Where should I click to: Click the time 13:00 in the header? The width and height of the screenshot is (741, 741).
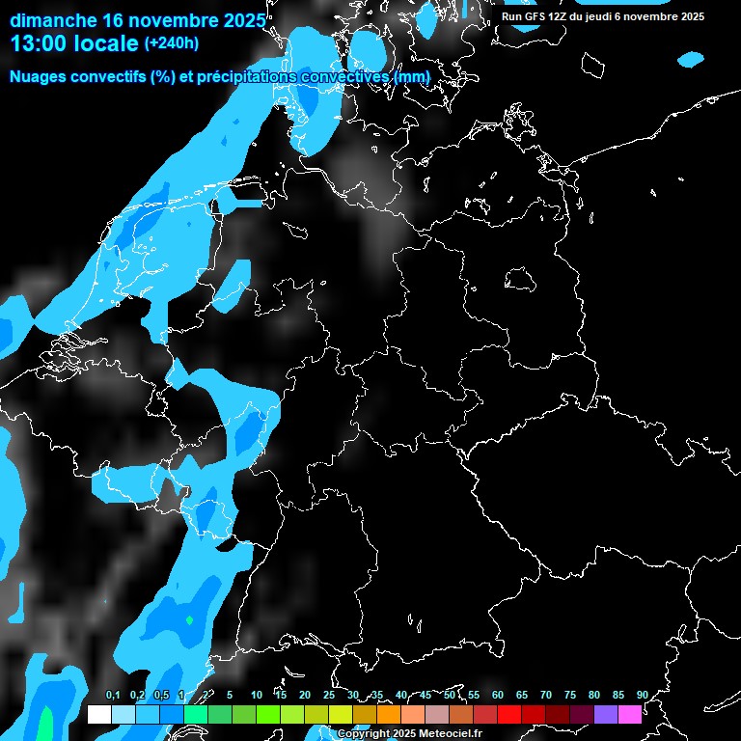coord(43,43)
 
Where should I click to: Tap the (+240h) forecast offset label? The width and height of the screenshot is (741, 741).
coord(172,43)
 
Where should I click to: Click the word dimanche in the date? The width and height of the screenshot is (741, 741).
coord(54,19)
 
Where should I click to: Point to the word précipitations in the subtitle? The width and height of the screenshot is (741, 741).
coord(241,76)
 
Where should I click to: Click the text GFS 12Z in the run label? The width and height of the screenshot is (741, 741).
coord(549,16)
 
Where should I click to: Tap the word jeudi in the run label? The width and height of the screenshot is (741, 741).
coord(617,16)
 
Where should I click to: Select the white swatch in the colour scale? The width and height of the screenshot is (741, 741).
coord(99,714)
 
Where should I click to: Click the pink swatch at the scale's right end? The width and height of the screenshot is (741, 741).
coord(630,714)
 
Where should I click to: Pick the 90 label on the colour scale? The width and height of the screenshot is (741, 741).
coord(642,696)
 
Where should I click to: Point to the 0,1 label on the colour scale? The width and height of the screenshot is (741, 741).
coord(113,696)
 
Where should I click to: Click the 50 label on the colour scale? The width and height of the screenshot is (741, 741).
coord(450,696)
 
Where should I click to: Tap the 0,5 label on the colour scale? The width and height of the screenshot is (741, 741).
coord(161,696)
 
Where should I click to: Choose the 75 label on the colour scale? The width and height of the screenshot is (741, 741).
coord(570,696)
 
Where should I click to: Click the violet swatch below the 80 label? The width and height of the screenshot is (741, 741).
coord(606,714)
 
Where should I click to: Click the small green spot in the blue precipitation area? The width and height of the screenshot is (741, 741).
coord(189,619)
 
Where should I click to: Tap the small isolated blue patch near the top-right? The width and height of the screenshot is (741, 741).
coord(691,60)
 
